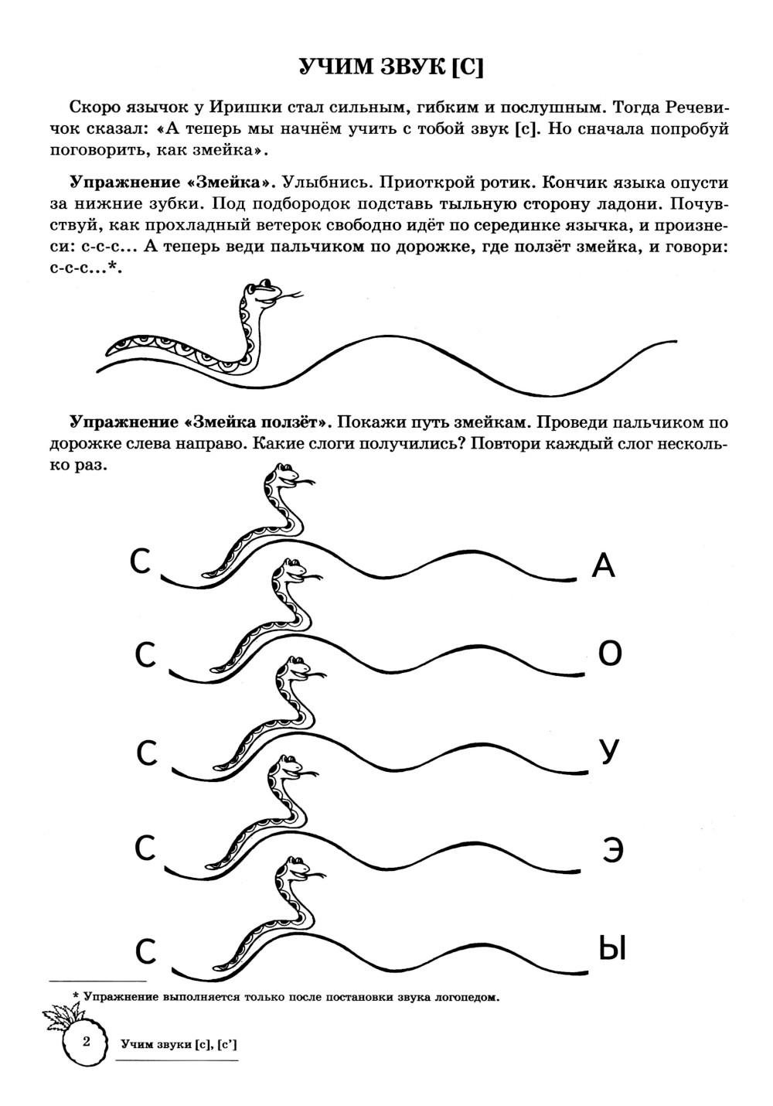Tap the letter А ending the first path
[x=603, y=565]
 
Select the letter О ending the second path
[x=610, y=655]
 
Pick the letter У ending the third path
[x=610, y=752]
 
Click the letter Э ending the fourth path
[x=613, y=851]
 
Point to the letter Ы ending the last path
[x=612, y=948]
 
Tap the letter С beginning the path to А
[x=140, y=562]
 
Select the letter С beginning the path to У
[x=148, y=753]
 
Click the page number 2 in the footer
[x=87, y=1040]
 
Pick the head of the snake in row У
[x=295, y=668]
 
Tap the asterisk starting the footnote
[x=75, y=995]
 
